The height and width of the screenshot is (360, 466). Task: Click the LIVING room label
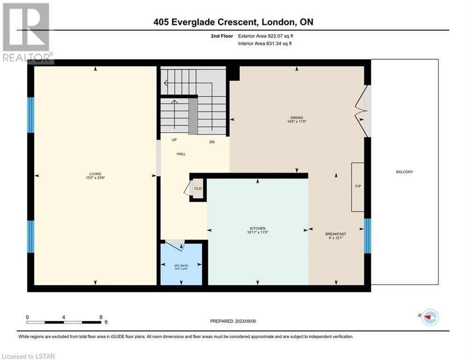95,174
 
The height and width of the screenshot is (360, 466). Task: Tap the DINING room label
296,118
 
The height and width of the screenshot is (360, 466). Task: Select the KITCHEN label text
258,228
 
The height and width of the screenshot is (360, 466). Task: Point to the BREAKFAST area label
335,234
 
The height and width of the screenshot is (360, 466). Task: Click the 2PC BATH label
181,265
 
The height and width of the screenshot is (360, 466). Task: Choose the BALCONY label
405,172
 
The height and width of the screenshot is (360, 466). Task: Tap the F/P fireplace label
358,186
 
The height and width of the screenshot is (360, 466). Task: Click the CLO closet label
198,188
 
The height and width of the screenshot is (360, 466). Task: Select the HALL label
181,154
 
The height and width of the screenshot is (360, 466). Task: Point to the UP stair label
174,140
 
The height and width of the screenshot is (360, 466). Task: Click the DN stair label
212,142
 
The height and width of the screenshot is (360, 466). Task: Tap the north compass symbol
430,317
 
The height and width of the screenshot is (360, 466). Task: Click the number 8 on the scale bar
101,317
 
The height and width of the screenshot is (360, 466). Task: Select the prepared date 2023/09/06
245,321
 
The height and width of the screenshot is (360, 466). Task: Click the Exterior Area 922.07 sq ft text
266,36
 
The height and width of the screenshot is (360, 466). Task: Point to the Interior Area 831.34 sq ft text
265,44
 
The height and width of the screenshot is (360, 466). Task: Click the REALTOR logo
27,32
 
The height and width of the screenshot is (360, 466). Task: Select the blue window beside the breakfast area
367,236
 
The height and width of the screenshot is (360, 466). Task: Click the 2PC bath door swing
175,245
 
